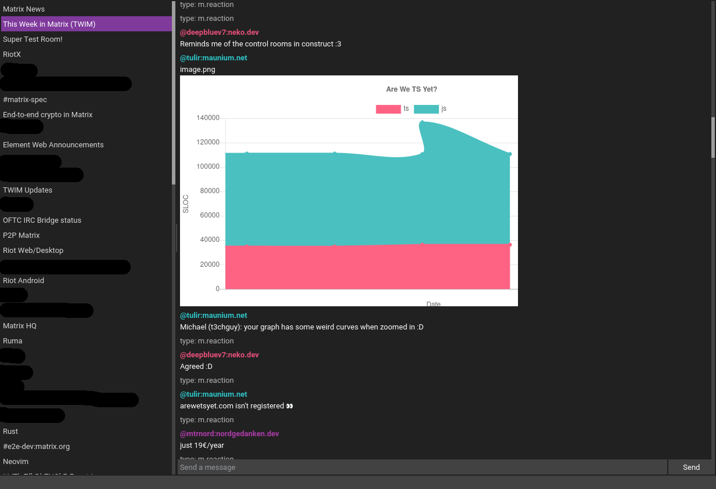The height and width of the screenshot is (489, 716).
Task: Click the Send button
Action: (690, 467)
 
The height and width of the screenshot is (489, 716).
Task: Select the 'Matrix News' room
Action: (24, 9)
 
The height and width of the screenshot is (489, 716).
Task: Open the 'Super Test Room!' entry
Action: (33, 39)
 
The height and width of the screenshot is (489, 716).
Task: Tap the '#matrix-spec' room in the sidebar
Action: (25, 100)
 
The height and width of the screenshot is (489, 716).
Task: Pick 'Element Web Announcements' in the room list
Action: (53, 145)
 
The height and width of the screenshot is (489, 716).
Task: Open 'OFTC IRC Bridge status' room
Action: (42, 220)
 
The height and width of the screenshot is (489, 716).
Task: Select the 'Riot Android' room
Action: (23, 281)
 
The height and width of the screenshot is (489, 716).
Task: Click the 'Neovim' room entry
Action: (16, 462)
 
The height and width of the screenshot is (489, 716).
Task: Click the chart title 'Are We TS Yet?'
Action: (412, 89)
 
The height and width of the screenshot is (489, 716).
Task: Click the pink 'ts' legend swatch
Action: (388, 109)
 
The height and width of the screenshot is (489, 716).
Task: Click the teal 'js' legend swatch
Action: (426, 109)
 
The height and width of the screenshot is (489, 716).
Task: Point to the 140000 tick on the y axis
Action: (208, 118)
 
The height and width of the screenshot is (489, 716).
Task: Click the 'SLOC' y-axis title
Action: (186, 204)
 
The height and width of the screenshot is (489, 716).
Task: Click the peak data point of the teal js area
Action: (422, 122)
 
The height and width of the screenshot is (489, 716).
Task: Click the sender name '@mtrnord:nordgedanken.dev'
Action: (229, 434)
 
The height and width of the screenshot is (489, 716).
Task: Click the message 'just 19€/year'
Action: (202, 445)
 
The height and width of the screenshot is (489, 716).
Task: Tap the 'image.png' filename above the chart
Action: (197, 70)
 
